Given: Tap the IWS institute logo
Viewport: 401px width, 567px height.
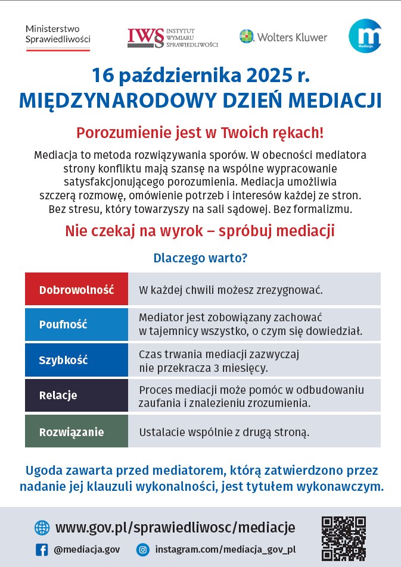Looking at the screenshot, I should click(172, 37).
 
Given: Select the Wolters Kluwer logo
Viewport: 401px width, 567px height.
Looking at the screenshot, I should click(283, 37).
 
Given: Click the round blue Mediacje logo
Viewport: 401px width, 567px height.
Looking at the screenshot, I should click(365, 36).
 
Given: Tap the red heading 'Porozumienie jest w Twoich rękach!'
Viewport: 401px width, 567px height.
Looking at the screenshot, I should click(200, 132).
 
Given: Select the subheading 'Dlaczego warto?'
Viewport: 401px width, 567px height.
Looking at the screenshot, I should click(200, 258).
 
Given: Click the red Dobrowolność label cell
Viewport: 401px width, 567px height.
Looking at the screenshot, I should click(76, 290).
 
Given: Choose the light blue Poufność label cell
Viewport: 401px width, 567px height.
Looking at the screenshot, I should click(76, 324).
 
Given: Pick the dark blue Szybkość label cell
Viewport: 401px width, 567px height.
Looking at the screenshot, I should click(76, 360).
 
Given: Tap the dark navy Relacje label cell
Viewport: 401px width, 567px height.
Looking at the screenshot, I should click(76, 395).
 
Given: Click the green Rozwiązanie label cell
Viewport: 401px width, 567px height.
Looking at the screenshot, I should click(76, 431).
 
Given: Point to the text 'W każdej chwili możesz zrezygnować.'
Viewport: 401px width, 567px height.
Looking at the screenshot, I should click(231, 290).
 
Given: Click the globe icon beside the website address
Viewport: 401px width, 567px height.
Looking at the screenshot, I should click(42, 528).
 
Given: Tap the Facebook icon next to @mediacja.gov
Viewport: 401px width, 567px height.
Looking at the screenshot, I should click(42, 550).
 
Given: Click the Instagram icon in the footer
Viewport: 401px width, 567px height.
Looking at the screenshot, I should click(142, 550).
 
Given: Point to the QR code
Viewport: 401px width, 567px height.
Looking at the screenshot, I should click(344, 538).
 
